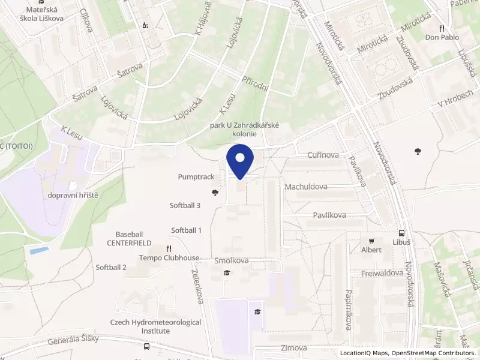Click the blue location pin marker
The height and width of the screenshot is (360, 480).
[240, 161]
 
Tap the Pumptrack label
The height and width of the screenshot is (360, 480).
[196, 177]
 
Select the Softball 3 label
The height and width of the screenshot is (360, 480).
[185, 205]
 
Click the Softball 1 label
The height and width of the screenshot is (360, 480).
[186, 230]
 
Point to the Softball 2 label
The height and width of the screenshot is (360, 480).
[111, 267]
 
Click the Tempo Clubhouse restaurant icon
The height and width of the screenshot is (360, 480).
[169, 248]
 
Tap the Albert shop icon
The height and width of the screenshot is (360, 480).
[371, 240]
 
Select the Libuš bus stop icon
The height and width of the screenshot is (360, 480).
[401, 233]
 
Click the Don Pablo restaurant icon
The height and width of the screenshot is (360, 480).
[442, 28]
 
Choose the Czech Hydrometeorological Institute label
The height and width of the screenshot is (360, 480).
[155, 326]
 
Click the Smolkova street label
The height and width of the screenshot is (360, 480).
[232, 261]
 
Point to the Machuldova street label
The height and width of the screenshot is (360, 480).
[306, 187]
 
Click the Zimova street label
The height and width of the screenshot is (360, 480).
[293, 348]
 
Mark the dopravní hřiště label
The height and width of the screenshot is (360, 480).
[74, 196]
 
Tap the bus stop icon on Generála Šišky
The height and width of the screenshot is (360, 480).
[146, 346]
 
